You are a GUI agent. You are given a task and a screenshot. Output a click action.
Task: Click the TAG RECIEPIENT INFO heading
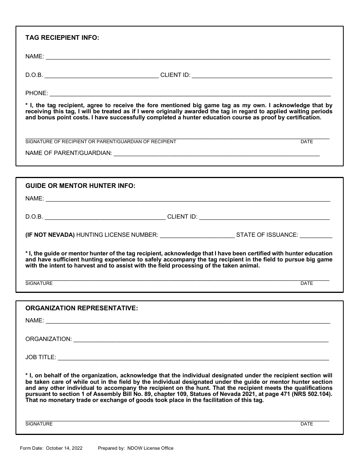pyautogui.click(x=62, y=38)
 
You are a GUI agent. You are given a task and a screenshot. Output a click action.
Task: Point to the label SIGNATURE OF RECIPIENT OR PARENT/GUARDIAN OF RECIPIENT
pyautogui.click(x=100, y=142)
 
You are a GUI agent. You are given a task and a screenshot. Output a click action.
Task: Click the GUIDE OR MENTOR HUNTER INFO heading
pyautogui.click(x=80, y=186)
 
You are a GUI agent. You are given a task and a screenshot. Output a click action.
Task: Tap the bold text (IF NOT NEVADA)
pyautogui.click(x=50, y=235)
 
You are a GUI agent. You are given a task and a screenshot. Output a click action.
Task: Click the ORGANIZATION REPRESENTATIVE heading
pyautogui.click(x=81, y=308)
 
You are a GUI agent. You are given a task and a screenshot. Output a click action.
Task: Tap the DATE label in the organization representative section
pyautogui.click(x=307, y=424)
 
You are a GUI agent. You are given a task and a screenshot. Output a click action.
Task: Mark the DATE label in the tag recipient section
pyautogui.click(x=307, y=142)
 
